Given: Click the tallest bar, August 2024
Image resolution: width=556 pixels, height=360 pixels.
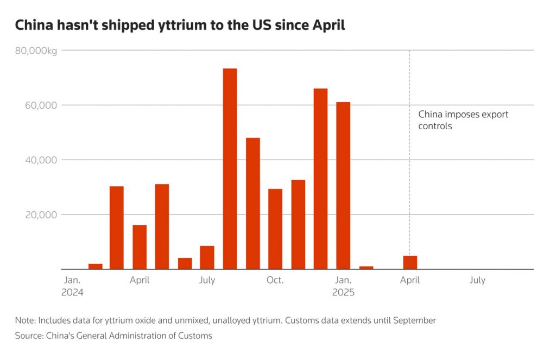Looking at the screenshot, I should [230, 168].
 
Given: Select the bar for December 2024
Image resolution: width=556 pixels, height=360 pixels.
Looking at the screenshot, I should [320, 179].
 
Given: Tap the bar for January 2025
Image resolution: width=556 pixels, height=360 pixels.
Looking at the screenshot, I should [343, 185].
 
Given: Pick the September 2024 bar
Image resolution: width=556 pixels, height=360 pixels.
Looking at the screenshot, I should [252, 203].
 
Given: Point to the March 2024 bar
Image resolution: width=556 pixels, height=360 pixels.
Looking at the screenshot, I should [117, 228].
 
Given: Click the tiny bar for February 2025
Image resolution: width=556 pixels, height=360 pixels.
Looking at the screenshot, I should [366, 267].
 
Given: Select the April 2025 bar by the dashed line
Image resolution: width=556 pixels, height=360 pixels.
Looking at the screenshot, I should [410, 262].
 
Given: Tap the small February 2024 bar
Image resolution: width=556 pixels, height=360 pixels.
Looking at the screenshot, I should [95, 266].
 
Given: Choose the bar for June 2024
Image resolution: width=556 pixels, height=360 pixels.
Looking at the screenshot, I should [185, 263].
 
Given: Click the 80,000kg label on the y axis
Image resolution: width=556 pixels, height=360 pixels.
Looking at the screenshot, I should [36, 50].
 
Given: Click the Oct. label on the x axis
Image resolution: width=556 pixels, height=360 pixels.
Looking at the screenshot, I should [275, 280].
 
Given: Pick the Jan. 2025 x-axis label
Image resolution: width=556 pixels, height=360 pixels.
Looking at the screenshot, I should [343, 286].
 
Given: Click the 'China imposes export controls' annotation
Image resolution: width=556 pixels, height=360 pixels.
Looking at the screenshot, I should [463, 120].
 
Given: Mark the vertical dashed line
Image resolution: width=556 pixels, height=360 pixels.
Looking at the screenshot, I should [409, 163].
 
